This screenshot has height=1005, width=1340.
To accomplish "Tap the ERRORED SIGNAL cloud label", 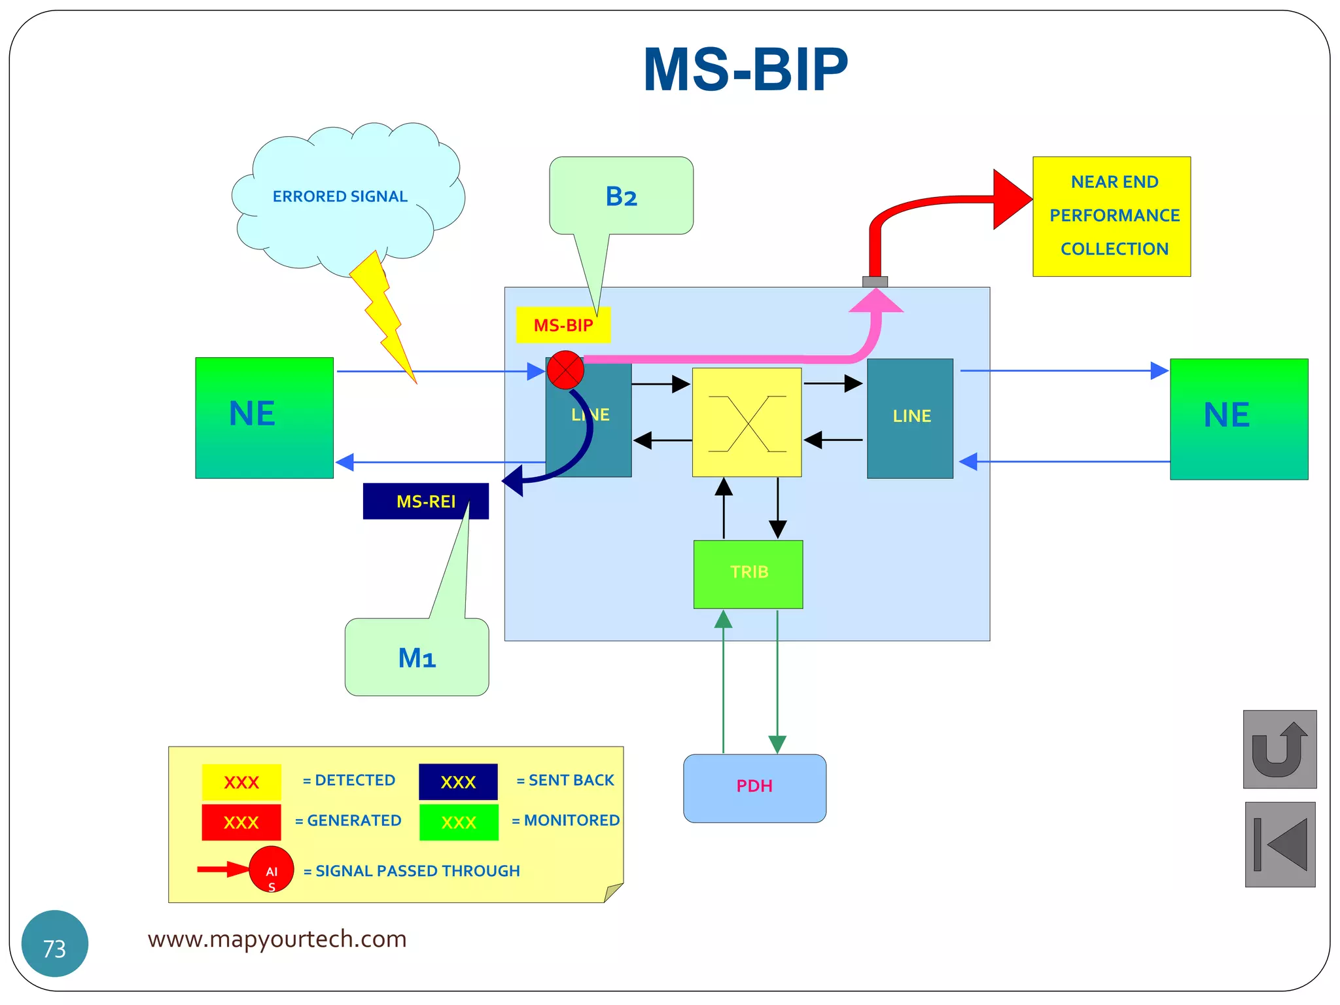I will tap(340, 196).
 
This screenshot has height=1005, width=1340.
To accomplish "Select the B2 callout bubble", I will tap(621, 196).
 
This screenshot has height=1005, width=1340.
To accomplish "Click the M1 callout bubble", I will tap(417, 657).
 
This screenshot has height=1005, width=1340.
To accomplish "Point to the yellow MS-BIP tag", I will tap(563, 325).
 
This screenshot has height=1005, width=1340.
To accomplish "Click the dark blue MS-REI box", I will tap(425, 501).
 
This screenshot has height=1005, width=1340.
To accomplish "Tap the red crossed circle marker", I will tap(565, 370).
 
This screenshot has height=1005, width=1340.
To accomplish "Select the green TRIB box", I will tap(748, 574).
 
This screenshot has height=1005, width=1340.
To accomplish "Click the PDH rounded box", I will tap(754, 788).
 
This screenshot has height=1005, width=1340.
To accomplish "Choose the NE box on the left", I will tap(264, 417).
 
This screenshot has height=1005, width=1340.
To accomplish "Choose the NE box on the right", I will tap(1239, 419).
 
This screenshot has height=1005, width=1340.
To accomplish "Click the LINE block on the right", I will tap(909, 418).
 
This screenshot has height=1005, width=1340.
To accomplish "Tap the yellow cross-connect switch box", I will tap(747, 422).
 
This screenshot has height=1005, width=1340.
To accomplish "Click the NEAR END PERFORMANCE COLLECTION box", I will tap(1111, 216).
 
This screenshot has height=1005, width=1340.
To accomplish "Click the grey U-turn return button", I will tap(1279, 749).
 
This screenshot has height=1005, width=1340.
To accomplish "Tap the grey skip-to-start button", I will tap(1279, 844).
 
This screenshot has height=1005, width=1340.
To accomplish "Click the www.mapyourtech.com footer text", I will tap(277, 939).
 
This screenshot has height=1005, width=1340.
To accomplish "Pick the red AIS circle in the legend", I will tap(271, 870).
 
